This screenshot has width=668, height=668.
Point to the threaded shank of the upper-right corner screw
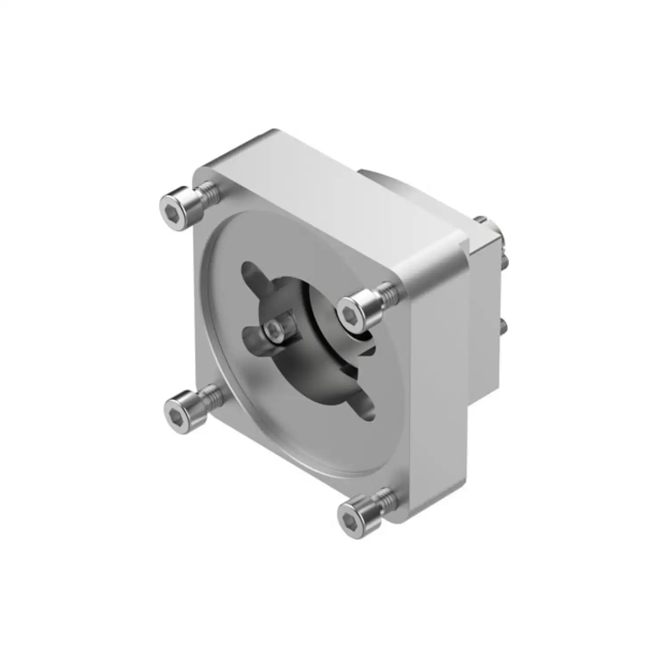pos(386,294)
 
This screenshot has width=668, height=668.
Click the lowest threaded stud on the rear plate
pos(503,327)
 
